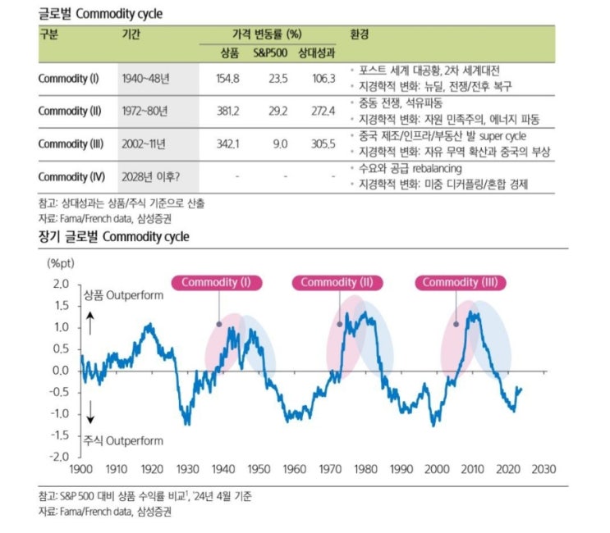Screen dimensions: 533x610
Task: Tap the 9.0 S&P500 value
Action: pyautogui.click(x=279, y=143)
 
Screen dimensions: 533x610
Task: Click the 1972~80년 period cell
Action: pyautogui.click(x=144, y=111)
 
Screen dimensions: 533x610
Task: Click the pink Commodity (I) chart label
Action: pyautogui.click(x=216, y=283)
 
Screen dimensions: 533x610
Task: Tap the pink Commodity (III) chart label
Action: pyautogui.click(x=461, y=283)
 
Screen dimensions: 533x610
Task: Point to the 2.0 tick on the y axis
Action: pyautogui.click(x=61, y=284)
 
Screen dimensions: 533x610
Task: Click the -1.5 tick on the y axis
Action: pyautogui.click(x=59, y=435)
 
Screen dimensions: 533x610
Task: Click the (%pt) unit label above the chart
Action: pyautogui.click(x=62, y=263)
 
